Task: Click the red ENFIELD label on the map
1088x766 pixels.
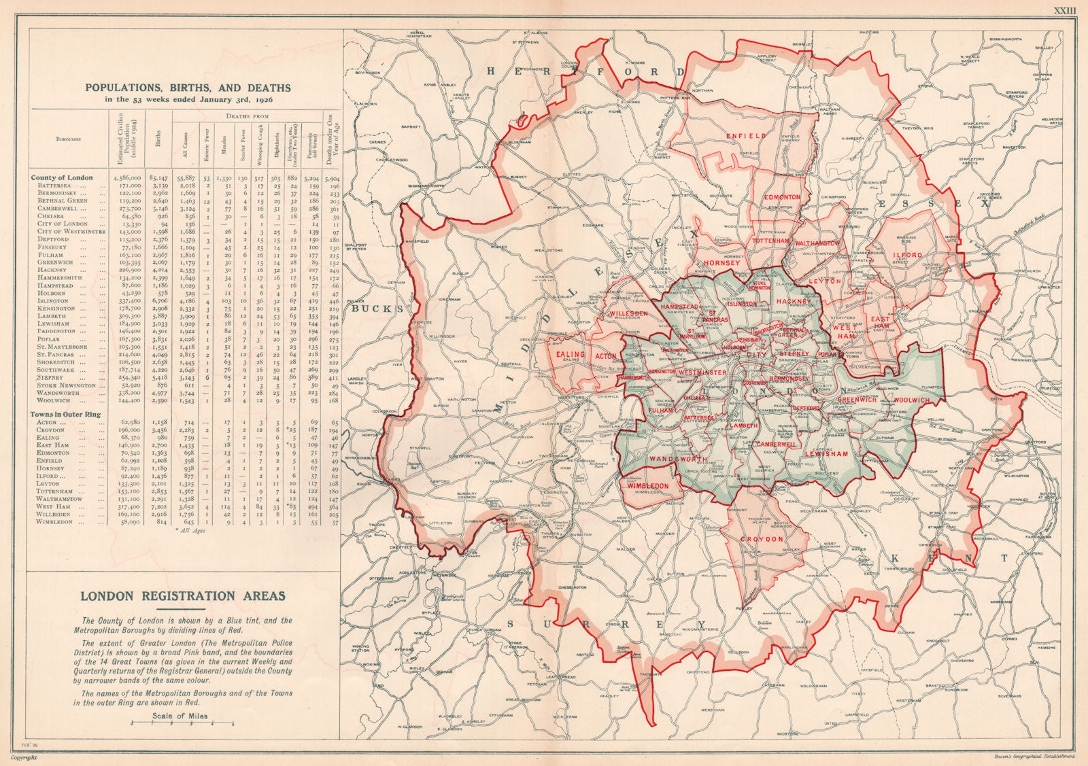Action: (745, 136)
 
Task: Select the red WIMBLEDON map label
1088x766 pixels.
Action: (648, 486)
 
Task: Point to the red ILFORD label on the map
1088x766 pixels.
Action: (908, 256)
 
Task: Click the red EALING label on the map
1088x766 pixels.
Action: (570, 355)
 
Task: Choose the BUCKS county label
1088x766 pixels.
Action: (373, 308)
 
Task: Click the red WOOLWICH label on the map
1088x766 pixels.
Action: (911, 401)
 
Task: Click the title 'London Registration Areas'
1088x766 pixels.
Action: (183, 596)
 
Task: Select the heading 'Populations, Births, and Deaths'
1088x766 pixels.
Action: (186, 88)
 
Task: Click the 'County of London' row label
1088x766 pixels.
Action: (62, 177)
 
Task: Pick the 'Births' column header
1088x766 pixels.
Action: (158, 139)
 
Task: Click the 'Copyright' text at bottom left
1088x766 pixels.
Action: (19, 756)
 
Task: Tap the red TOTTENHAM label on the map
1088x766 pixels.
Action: (770, 241)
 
